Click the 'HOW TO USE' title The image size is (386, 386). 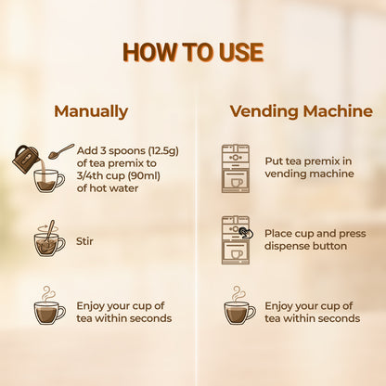click(193, 52)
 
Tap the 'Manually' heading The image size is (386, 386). click(91, 111)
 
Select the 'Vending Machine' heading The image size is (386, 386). click(302, 111)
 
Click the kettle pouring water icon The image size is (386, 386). click(25, 159)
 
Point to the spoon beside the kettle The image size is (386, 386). click(61, 151)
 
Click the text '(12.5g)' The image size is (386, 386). click(163, 151)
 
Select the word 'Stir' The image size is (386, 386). click(84, 241)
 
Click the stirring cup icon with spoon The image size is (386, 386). click(49, 238)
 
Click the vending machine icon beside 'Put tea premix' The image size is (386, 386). click(236, 169)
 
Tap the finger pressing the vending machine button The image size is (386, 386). click(247, 233)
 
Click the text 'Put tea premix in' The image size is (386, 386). click(308, 161)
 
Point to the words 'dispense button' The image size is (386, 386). click(305, 246)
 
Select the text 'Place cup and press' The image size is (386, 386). click(315, 234)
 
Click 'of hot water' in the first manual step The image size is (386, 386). click(108, 188)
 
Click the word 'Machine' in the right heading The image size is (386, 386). click(338, 111)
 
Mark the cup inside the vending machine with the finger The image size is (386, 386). click(237, 254)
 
